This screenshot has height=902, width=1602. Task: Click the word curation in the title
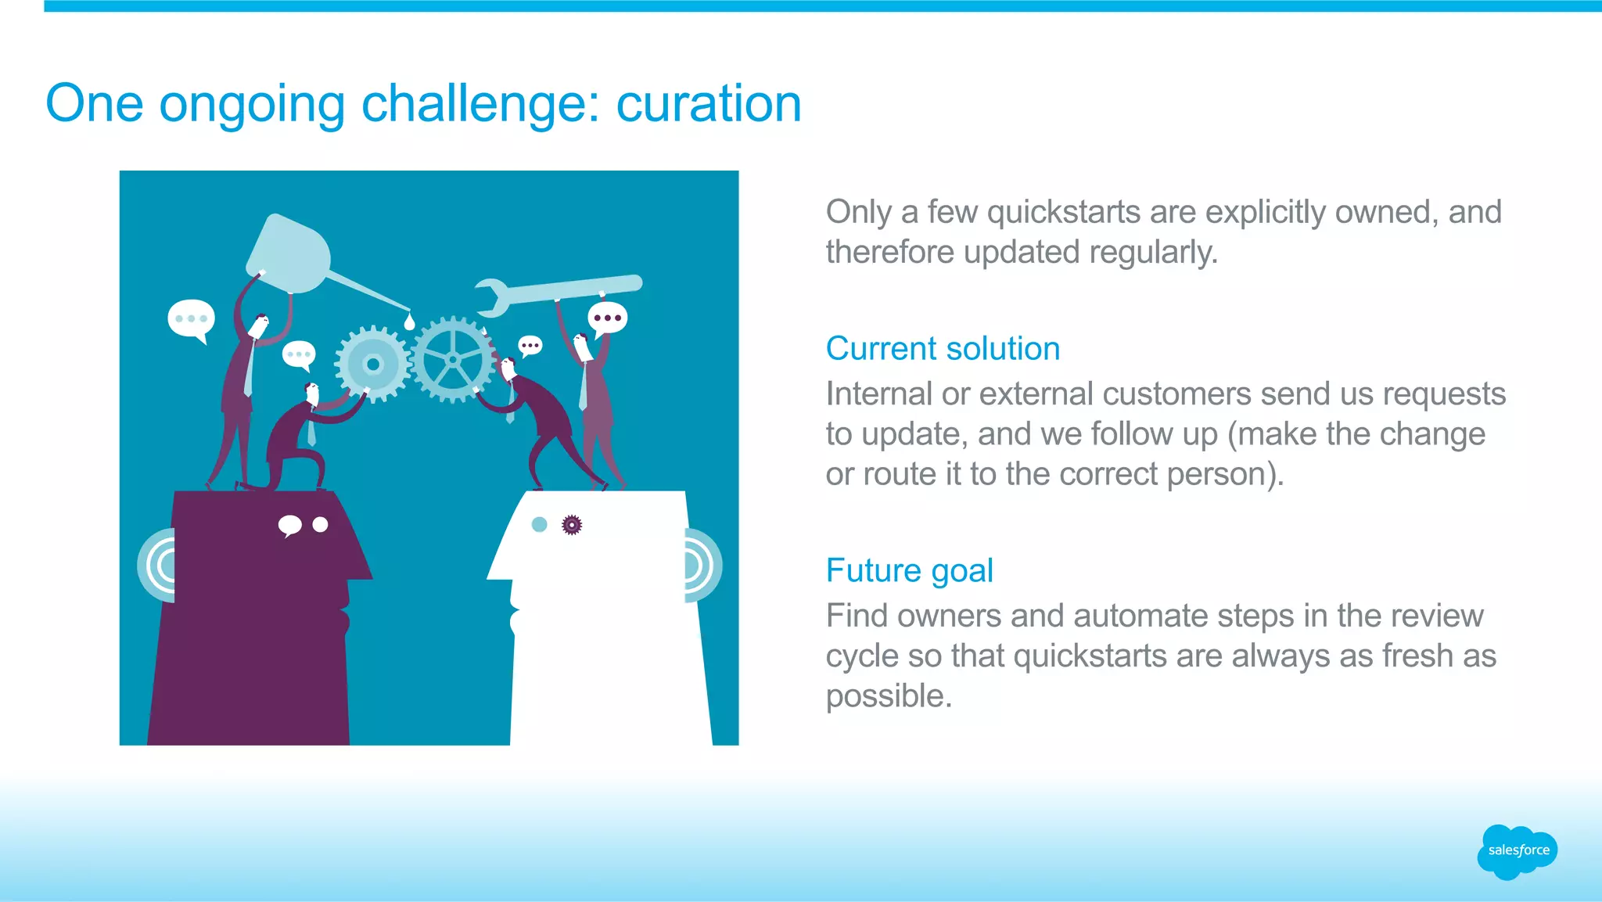pos(709,103)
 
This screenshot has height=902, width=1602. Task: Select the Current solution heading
pos(943,349)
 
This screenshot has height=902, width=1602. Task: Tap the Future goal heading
pos(909,571)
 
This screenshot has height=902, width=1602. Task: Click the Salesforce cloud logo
pos(1517,851)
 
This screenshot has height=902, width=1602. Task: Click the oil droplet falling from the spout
pos(409,322)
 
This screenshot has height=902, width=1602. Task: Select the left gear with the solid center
pos(373,365)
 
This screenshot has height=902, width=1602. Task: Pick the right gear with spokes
pos(453,360)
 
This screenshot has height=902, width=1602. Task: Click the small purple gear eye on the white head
pos(572,525)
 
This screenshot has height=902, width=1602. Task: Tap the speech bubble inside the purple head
pos(289,526)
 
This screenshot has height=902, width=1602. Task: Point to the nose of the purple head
pos(361,567)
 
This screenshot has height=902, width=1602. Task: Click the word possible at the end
pos(888,696)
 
